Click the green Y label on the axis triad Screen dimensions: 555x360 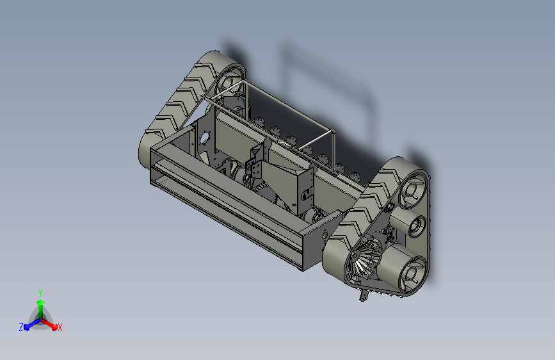[x=40, y=293]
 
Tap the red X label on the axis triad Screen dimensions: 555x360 [x=60, y=327]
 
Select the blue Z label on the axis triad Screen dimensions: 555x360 [x=21, y=327]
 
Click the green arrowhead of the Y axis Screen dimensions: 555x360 [x=41, y=302]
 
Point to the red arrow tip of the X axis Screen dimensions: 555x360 [x=54, y=327]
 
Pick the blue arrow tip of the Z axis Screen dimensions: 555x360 [x=27, y=327]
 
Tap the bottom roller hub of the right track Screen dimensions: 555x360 [x=412, y=273]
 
